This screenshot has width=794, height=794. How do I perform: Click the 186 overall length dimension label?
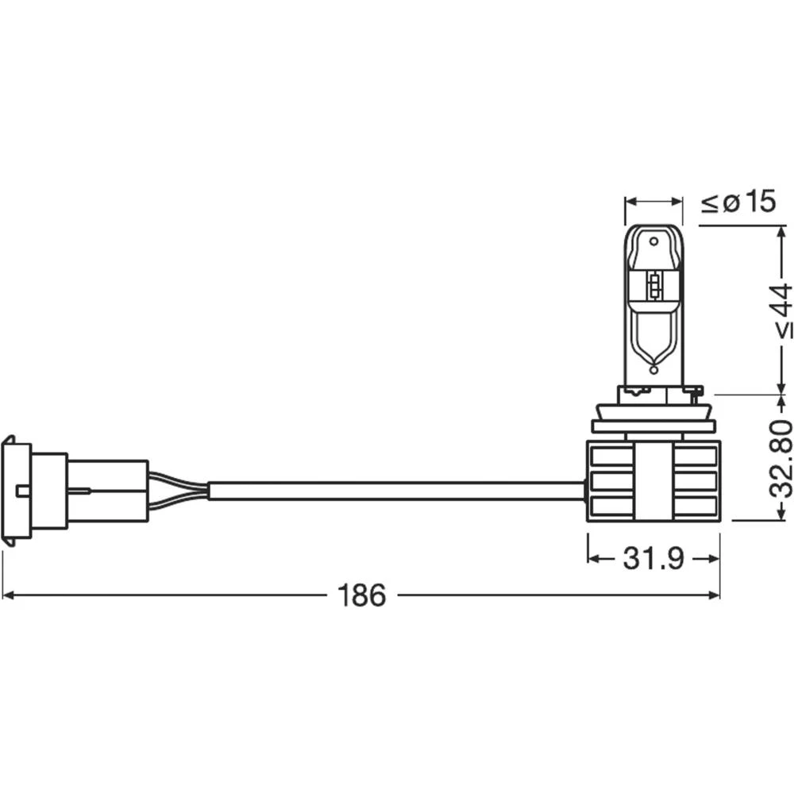point(361,595)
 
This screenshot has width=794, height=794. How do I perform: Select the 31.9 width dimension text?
point(653,559)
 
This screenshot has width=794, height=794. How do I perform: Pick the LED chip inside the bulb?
point(654,287)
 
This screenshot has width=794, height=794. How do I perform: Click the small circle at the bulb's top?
point(653,240)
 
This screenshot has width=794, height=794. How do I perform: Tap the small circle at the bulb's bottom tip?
point(653,369)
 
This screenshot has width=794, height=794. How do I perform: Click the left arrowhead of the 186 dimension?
point(8,595)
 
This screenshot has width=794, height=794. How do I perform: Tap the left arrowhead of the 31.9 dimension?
point(592,559)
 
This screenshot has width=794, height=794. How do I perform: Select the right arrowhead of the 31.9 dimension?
point(714,559)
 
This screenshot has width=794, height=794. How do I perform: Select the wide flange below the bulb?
point(653,426)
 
